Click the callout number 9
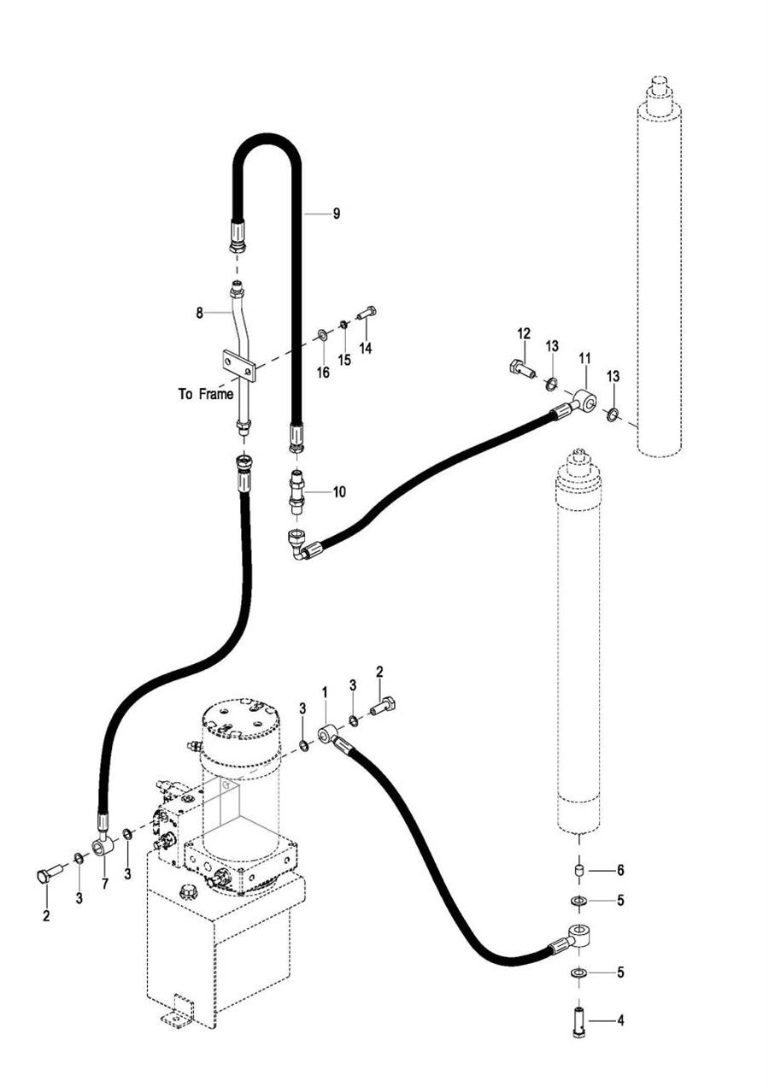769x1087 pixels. (336, 214)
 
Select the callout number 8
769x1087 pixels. (199, 314)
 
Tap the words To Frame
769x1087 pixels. (206, 394)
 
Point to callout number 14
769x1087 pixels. (366, 349)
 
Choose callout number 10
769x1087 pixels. (339, 492)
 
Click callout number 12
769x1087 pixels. (524, 333)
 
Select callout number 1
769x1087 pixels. (325, 690)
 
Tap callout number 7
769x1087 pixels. (105, 884)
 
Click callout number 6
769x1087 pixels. (620, 870)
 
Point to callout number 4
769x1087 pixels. (620, 1020)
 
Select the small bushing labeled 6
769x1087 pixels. (579, 871)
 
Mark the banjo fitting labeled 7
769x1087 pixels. (103, 847)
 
